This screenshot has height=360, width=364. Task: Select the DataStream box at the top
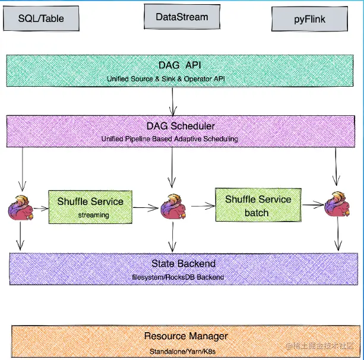[x=182, y=17]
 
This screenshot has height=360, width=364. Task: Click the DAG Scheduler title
[x=181, y=126]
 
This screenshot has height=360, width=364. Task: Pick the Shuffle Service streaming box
[x=90, y=207]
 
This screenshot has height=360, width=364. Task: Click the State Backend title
[x=183, y=264]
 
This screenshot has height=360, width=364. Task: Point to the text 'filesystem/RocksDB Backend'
[x=178, y=277]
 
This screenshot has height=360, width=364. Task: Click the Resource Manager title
[x=185, y=336]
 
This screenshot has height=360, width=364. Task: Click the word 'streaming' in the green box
[x=93, y=215]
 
